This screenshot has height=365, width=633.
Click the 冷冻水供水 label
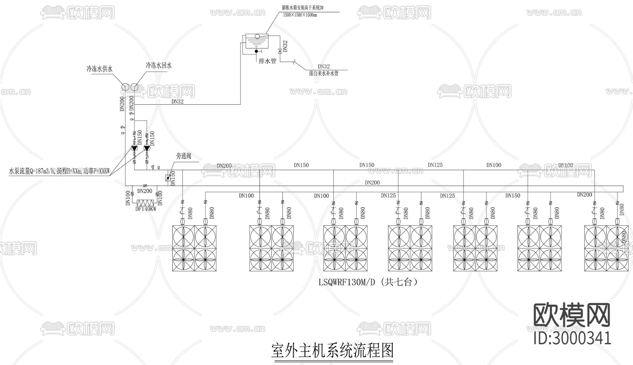point(100,69)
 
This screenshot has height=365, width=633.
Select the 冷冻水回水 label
point(159,66)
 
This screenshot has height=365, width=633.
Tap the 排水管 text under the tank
point(267,61)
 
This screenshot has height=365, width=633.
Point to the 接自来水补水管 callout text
point(324,73)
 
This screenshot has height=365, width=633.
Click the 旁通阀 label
point(184,156)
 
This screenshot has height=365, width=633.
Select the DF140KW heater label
point(146,209)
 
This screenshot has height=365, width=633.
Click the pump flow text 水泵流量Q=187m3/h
point(32,172)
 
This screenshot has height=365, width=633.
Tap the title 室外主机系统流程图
point(332,351)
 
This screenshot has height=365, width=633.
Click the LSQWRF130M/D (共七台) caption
point(369,282)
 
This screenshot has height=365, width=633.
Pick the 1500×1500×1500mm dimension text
point(300,15)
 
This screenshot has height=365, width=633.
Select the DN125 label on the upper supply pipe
point(435,165)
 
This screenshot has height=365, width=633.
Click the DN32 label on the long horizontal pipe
point(177,102)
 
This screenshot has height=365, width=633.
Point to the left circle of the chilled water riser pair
point(126,87)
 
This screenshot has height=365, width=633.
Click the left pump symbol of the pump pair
point(134,148)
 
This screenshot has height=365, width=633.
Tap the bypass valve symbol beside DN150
point(168,177)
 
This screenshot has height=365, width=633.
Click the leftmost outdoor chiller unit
point(194,248)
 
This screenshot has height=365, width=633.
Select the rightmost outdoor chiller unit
point(606,248)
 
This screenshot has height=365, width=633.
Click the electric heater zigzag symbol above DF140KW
point(146,203)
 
